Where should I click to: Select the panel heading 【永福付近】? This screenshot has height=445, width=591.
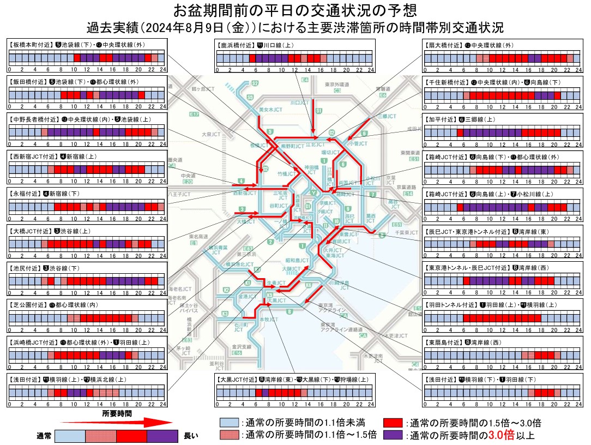[25, 193]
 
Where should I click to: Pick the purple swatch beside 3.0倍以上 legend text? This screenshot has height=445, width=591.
[393, 435]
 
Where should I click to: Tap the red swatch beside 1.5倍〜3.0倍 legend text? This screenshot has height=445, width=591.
[393, 423]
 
